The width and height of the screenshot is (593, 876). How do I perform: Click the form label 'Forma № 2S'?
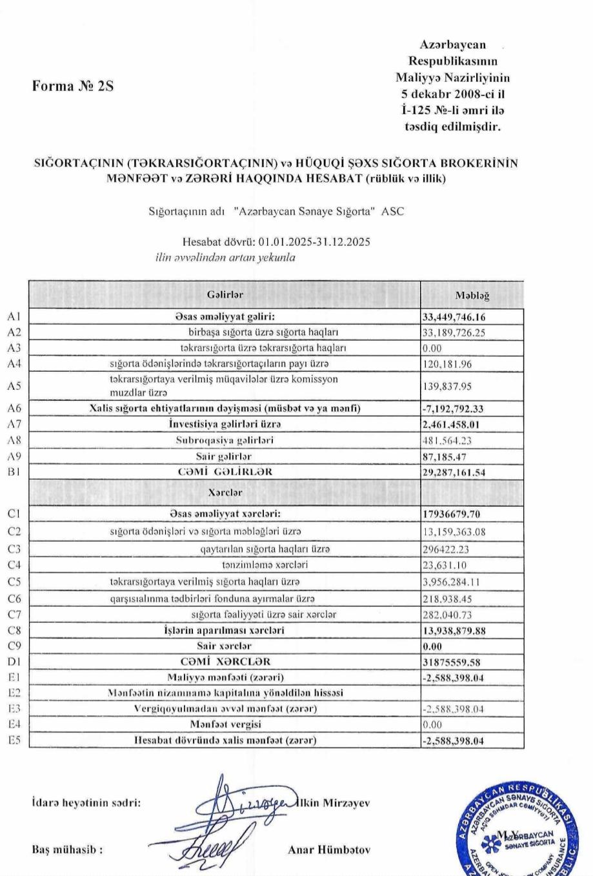click(x=73, y=86)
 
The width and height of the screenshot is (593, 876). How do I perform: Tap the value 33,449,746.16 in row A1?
click(x=454, y=317)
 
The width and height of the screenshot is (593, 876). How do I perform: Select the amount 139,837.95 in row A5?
click(x=447, y=386)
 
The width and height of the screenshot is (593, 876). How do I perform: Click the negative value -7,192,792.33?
click(x=453, y=409)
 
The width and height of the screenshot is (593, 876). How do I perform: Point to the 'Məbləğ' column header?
click(x=472, y=296)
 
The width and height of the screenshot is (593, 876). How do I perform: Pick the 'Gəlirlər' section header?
click(x=225, y=294)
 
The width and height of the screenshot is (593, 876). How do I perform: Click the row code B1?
click(x=14, y=472)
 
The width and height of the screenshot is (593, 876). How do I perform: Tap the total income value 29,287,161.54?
click(x=454, y=473)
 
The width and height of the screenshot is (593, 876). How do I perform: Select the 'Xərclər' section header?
click(x=225, y=492)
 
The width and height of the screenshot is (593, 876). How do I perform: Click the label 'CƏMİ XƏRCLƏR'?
click(x=225, y=662)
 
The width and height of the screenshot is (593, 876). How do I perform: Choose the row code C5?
click(x=14, y=582)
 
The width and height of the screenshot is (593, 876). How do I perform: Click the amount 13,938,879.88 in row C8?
click(x=454, y=631)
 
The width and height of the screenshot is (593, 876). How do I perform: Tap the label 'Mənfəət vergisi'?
click(x=225, y=724)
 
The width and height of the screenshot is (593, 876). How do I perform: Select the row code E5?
click(x=14, y=740)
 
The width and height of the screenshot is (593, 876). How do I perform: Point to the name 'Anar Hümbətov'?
click(x=329, y=850)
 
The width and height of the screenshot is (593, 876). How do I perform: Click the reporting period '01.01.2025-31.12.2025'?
click(x=314, y=242)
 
